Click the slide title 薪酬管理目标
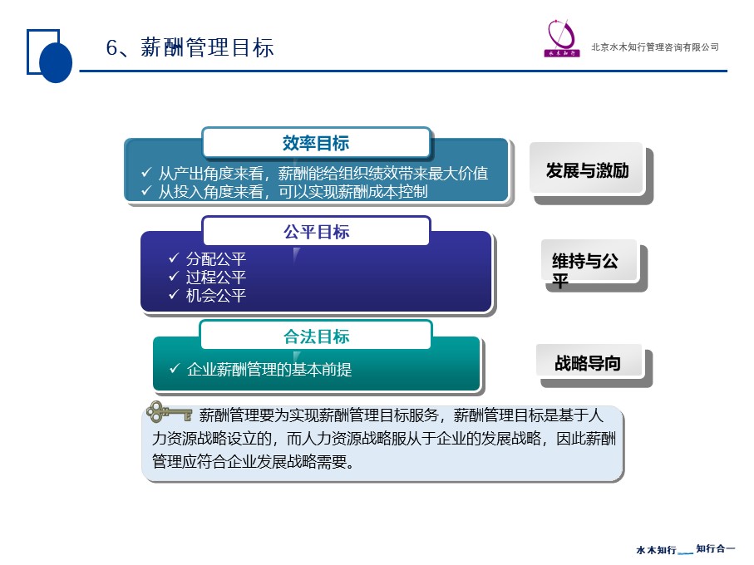[x=207, y=47]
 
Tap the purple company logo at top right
[x=562, y=38]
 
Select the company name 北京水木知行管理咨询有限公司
[x=655, y=47]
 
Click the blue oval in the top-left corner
[x=56, y=62]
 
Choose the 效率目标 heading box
[x=316, y=143]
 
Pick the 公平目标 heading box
[x=316, y=232]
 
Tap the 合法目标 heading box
[x=316, y=336]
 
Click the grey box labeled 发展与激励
[x=587, y=169]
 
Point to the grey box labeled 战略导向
[x=589, y=362]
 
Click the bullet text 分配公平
[x=216, y=259]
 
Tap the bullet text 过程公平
[x=216, y=277]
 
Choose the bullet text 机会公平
[x=216, y=295]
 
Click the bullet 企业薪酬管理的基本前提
[x=269, y=369]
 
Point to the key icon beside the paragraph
[x=169, y=412]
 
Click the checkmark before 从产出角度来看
[x=146, y=172]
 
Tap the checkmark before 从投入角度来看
[x=146, y=191]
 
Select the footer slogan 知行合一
[x=716, y=548]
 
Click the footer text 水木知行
[x=656, y=549]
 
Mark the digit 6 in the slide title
[x=111, y=48]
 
